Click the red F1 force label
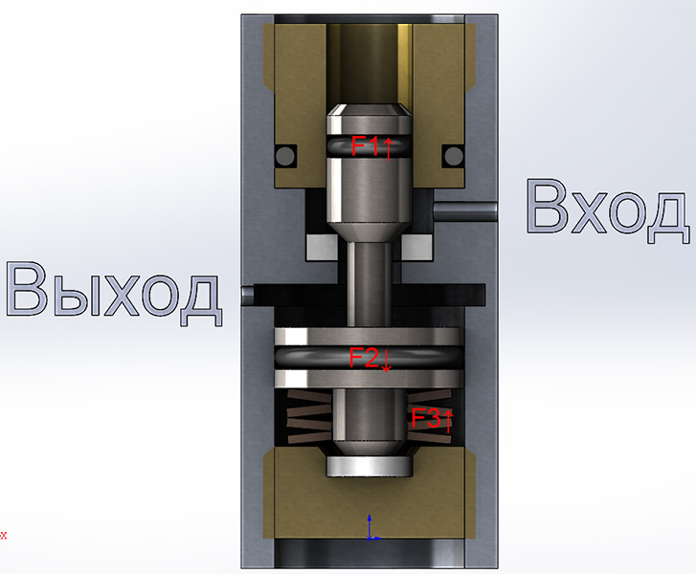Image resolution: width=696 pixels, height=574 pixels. pos(365,146)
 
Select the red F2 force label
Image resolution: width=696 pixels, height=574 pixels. pos(364,358)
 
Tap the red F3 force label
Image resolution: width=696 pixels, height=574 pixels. pos(425,418)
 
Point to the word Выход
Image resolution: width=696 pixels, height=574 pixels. pos(113,293)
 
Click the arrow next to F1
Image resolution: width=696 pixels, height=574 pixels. pos(388,148)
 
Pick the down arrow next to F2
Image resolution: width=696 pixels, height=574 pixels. pos(386,361)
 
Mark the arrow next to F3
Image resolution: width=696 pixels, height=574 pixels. pos(448,421)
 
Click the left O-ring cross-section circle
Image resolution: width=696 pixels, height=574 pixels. pos(285,156)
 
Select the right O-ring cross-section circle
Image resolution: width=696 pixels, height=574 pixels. pos(454,156)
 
